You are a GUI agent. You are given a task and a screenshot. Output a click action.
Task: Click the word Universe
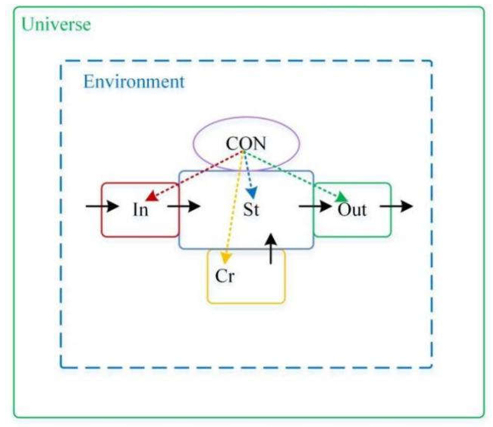coord(56,24)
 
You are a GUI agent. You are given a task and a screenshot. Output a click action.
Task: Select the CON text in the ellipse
coord(246,143)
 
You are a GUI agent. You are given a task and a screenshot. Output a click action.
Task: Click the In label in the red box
coord(140,210)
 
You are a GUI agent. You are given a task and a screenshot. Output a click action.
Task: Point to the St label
coord(251,210)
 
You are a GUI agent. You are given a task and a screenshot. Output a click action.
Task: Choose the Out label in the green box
coord(352,210)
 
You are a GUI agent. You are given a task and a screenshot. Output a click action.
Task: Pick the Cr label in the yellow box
coord(225,276)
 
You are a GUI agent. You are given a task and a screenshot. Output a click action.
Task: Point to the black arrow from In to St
coord(184,206)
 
